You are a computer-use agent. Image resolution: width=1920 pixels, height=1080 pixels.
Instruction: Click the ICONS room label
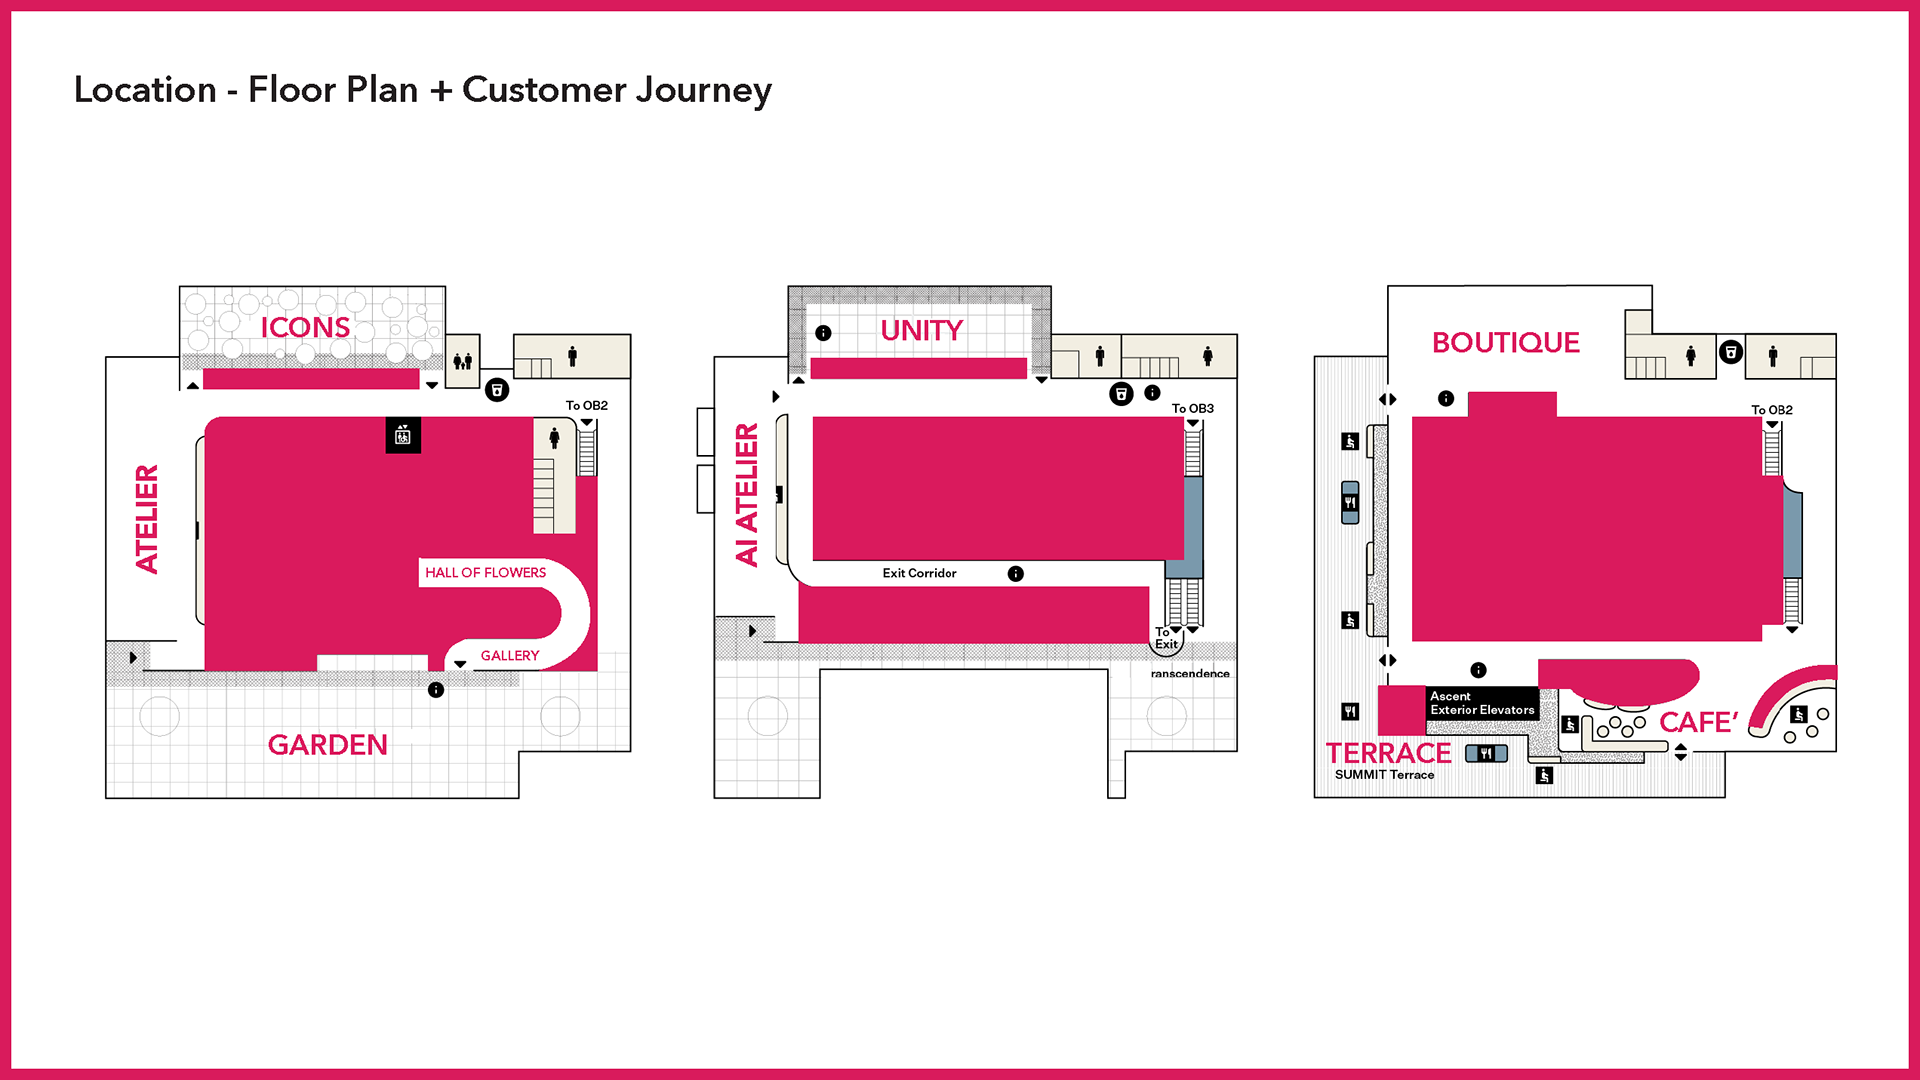pyautogui.click(x=305, y=327)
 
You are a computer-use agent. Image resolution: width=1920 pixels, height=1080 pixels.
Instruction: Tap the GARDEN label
pyautogui.click(x=327, y=745)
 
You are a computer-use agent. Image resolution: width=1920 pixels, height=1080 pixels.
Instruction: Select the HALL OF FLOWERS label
pyautogui.click(x=485, y=572)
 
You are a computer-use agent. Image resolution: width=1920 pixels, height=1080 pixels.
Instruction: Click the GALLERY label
pyautogui.click(x=510, y=655)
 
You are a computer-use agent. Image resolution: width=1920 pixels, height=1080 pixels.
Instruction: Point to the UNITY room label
pyautogui.click(x=921, y=330)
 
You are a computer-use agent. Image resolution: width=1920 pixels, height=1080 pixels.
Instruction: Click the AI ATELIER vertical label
pyautogui.click(x=747, y=495)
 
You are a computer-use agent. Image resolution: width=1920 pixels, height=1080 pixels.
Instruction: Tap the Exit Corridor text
pyautogui.click(x=919, y=573)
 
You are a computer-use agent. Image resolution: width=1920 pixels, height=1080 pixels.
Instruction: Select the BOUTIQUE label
pyautogui.click(x=1506, y=342)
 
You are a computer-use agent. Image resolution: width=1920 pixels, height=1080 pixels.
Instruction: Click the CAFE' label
pyautogui.click(x=1699, y=722)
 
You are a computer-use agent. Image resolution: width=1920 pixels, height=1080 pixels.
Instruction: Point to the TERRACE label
pyautogui.click(x=1388, y=753)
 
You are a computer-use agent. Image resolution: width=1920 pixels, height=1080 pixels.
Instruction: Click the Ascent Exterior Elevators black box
pyautogui.click(x=1482, y=703)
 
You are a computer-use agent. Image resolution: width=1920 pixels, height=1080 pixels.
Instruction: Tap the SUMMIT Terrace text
pyautogui.click(x=1384, y=775)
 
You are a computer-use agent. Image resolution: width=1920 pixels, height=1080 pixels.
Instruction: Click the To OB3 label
pyautogui.click(x=1192, y=408)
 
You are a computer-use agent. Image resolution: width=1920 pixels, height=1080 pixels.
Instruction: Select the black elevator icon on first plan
pyautogui.click(x=403, y=435)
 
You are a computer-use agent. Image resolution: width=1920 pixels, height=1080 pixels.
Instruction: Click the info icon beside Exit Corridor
pyautogui.click(x=1015, y=573)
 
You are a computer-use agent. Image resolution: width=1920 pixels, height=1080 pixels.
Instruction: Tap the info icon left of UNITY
pyautogui.click(x=823, y=333)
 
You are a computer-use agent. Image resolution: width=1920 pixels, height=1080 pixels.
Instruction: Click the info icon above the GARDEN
pyautogui.click(x=436, y=690)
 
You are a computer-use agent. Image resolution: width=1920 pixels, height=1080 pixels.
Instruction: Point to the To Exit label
pyautogui.click(x=1166, y=638)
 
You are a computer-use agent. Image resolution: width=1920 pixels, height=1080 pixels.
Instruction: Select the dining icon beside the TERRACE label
pyautogui.click(x=1486, y=753)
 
